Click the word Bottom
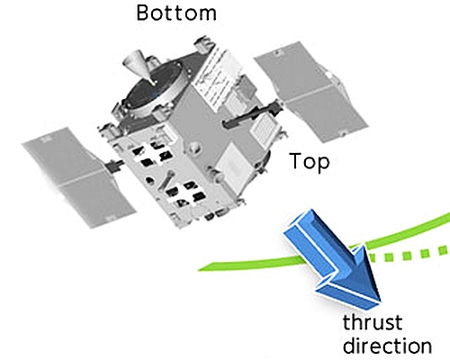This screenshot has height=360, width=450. point(176,13)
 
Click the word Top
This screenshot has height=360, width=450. point(310,162)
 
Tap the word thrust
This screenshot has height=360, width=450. point(373,322)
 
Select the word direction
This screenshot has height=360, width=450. point(387,345)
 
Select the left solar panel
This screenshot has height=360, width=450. point(79,177)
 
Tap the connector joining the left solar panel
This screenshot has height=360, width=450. point(114,166)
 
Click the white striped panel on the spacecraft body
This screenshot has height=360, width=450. point(214,78)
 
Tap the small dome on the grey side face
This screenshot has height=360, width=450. point(194,148)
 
